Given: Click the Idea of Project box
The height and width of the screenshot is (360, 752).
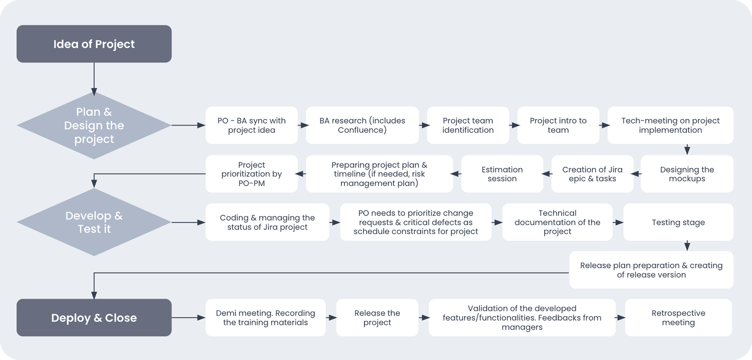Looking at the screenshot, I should point(94,44).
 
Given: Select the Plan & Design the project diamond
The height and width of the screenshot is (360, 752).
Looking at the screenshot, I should point(94,125).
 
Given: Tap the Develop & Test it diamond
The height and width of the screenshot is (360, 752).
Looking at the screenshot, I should point(94,222).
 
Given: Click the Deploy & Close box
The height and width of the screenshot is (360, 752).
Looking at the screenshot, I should point(94,318).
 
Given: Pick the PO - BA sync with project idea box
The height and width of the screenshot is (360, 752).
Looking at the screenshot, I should point(251,125).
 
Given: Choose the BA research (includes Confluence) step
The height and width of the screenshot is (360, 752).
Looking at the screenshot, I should point(362,125).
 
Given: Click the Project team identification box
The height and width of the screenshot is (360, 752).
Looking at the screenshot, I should point(468,125).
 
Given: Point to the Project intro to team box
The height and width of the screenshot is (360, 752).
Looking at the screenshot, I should point(558,125).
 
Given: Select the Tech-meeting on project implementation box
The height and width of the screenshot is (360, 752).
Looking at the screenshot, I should point(670,125).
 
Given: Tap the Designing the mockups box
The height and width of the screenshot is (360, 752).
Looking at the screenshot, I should point(687,174).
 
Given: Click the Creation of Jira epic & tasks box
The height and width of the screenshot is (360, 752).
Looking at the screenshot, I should point(592,174).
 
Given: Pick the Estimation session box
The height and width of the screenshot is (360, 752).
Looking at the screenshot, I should point(502,174).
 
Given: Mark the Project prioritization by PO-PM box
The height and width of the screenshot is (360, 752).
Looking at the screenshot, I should point(251,174).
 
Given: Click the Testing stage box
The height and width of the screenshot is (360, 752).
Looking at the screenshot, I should point(678,222).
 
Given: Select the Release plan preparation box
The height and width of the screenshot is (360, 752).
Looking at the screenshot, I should point(651,270).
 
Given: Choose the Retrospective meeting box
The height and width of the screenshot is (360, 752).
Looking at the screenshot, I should point(678,318).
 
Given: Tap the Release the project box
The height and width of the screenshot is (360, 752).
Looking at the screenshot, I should point(377,318).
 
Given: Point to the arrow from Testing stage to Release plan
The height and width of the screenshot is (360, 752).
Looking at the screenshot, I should point(687,246).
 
